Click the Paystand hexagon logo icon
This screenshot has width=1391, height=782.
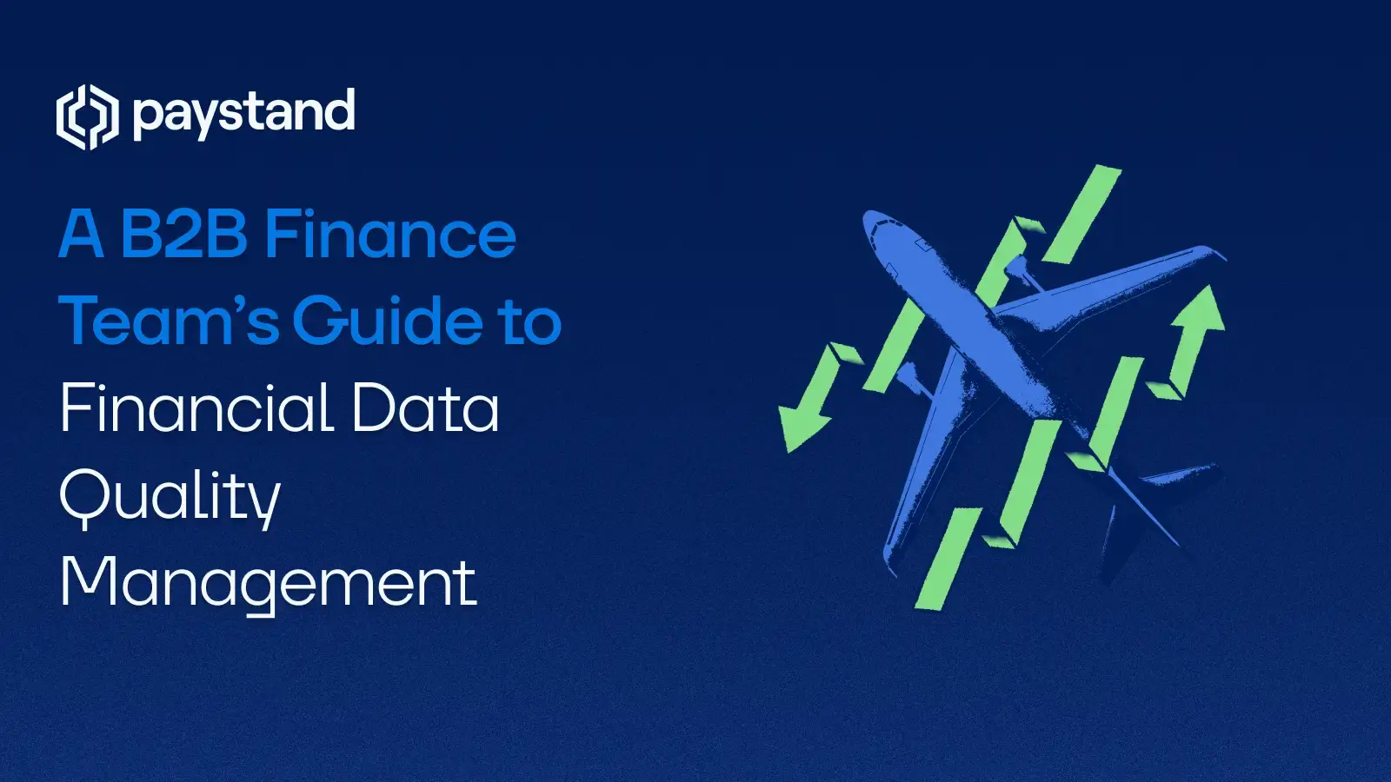click(87, 117)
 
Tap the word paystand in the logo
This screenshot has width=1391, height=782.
click(244, 114)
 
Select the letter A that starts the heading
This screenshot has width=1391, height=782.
click(82, 235)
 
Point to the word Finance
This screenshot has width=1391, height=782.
click(390, 235)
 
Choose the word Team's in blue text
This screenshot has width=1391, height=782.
click(169, 321)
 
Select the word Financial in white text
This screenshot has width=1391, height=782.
click(196, 408)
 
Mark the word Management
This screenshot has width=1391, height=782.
click(268, 583)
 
